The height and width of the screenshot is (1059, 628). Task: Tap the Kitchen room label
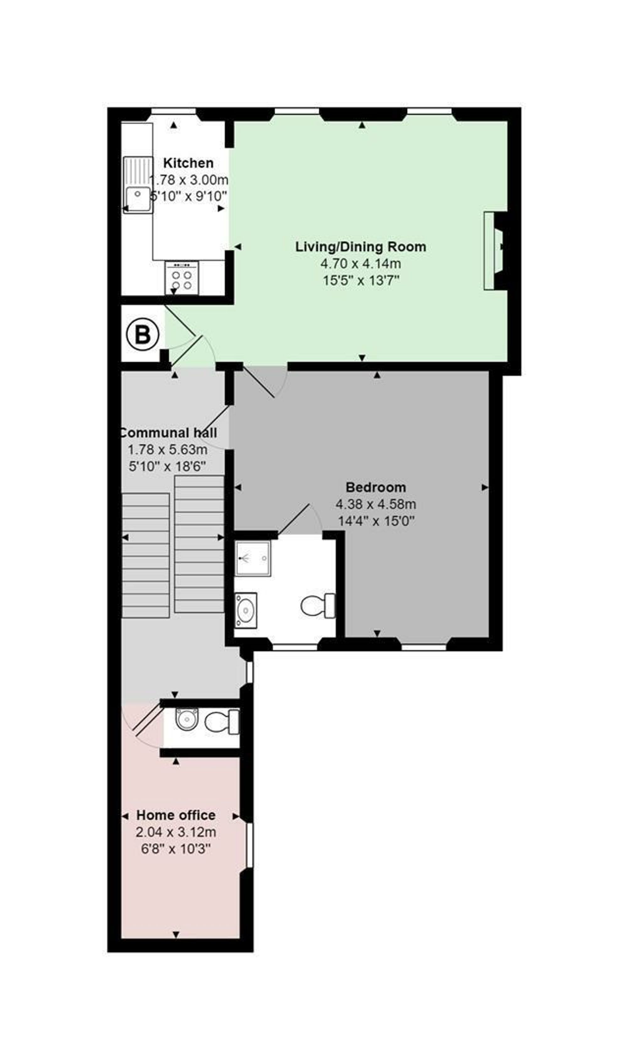click(x=188, y=163)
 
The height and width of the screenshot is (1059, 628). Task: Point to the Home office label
click(x=176, y=815)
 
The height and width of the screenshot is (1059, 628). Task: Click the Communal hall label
click(x=168, y=433)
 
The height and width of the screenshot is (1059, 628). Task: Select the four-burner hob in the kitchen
click(x=181, y=278)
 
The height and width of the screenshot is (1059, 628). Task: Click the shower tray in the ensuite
click(x=253, y=559)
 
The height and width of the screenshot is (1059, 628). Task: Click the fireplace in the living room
click(x=495, y=251)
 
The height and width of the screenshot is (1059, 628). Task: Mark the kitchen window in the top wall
click(x=174, y=111)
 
